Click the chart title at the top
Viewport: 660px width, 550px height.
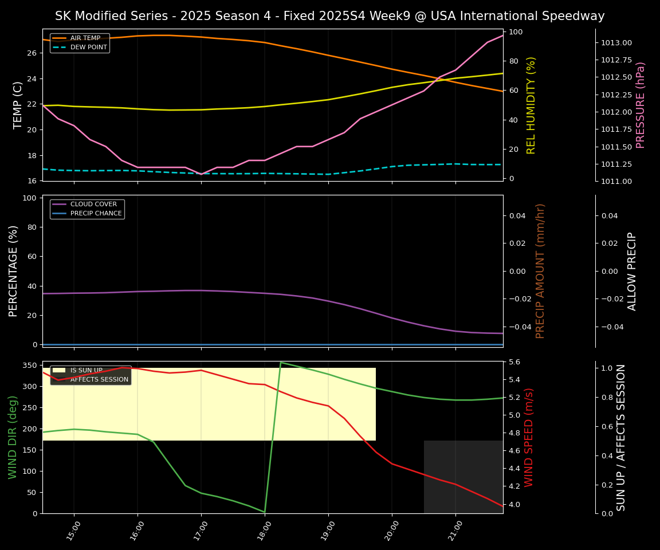pos(329,16)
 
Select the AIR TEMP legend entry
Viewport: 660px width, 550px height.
pos(85,38)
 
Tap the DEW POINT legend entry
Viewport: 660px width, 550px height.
pos(88,48)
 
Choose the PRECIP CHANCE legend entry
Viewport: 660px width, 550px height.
pos(96,214)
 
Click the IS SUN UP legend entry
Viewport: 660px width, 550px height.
pos(86,371)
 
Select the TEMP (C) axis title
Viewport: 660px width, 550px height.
pos(18,105)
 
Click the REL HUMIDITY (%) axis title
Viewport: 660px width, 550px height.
pos(531,105)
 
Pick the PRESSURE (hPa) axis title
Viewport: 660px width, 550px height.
pos(641,105)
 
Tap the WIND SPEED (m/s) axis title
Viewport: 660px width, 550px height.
pos(529,437)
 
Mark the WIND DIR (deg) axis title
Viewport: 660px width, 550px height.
pos(13,437)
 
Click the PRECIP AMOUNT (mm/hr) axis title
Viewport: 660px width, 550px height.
pos(540,271)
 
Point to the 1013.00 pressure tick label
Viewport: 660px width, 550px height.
pos(616,43)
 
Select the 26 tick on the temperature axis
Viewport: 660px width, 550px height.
pos(32,53)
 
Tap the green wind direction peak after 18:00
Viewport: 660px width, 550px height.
pos(281,363)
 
